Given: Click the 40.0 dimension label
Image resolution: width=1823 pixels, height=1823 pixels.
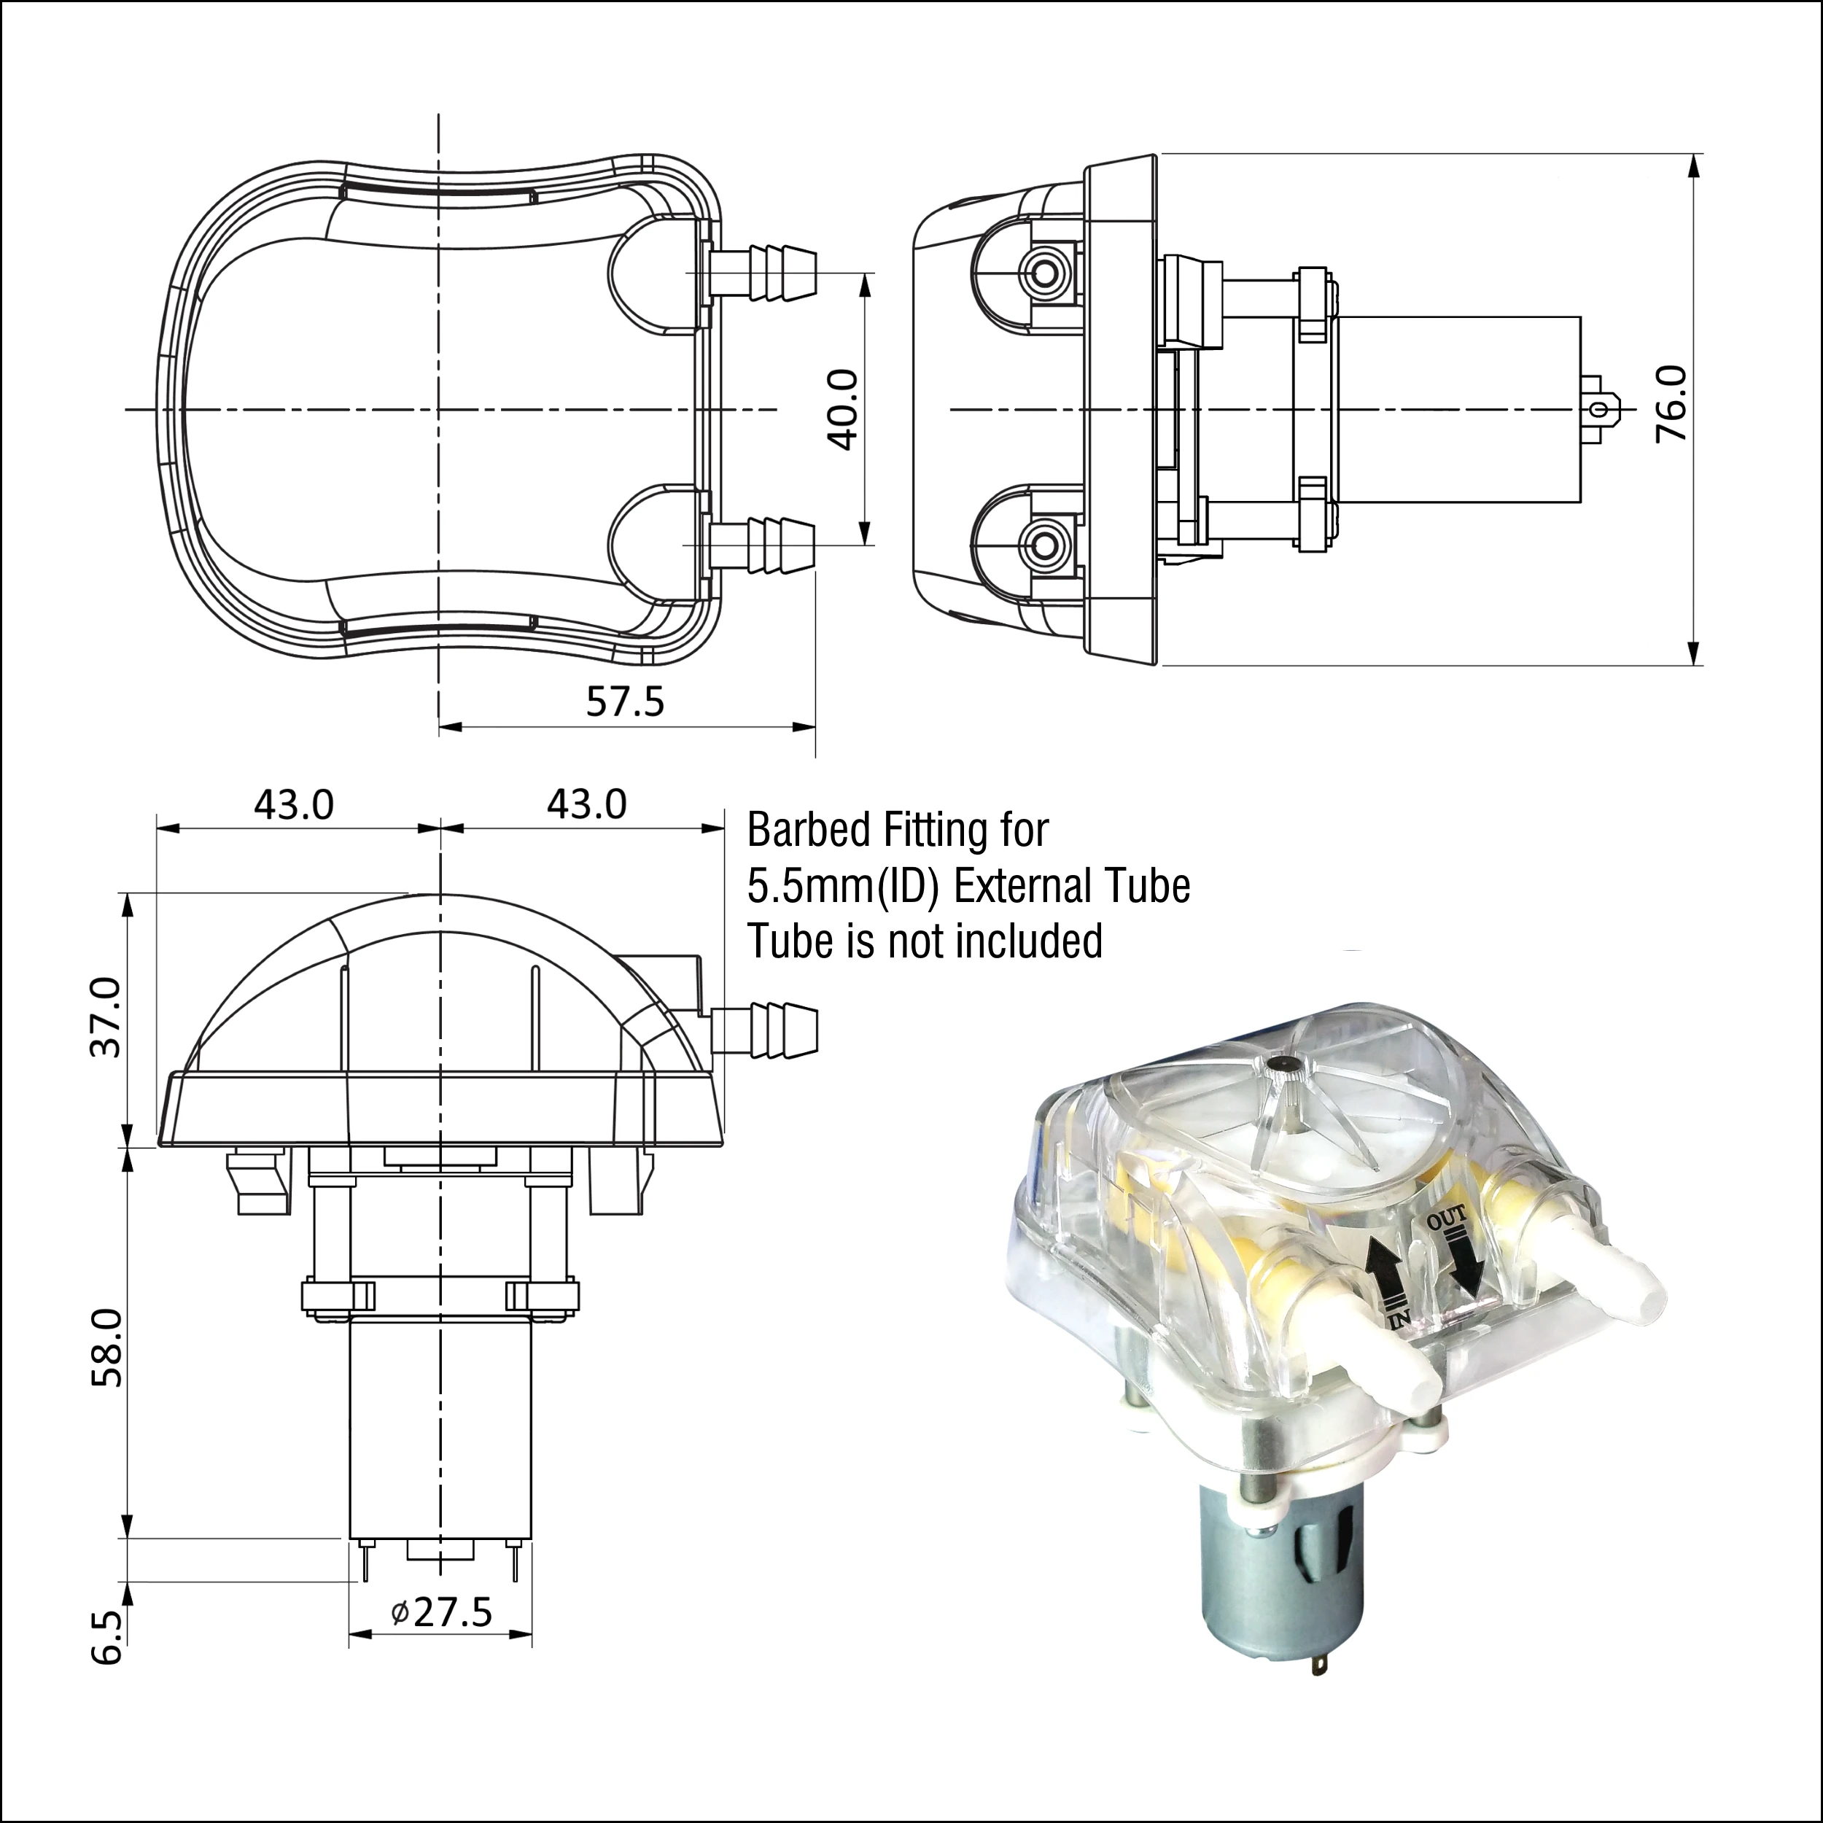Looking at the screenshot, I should (x=841, y=410).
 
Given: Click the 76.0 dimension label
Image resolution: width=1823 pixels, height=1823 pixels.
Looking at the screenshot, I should (x=1671, y=404).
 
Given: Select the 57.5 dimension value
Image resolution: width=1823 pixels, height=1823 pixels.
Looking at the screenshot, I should (x=625, y=701).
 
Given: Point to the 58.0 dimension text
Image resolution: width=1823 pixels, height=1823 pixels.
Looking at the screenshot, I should (x=108, y=1348).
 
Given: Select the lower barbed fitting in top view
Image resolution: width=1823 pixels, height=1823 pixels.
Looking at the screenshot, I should (x=764, y=545).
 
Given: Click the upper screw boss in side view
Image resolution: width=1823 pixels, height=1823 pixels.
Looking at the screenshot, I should (x=1043, y=273).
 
